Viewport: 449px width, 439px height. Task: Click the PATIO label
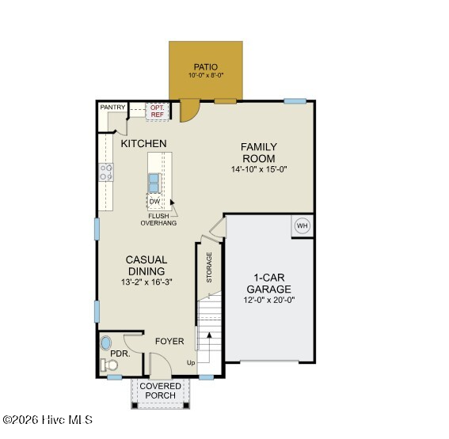(206, 67)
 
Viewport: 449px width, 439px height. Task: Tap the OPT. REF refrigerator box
(158, 112)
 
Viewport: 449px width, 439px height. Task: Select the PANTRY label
(112, 108)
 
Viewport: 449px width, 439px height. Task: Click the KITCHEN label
(143, 143)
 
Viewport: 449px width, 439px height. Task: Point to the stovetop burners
(106, 172)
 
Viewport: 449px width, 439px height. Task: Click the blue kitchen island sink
(154, 183)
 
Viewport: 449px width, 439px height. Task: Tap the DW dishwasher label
(154, 202)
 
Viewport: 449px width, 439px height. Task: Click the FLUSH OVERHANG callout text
(158, 219)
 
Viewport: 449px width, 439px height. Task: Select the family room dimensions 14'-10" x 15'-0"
(259, 169)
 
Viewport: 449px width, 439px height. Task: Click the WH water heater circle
(303, 226)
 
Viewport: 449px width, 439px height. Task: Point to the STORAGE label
(209, 267)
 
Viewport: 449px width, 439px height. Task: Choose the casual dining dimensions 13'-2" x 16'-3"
(146, 282)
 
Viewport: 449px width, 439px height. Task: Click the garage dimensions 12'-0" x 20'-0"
(269, 300)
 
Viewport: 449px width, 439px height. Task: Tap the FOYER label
(169, 341)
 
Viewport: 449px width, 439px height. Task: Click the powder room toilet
(109, 365)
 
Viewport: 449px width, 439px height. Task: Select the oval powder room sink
(105, 343)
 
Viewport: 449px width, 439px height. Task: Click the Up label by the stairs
(191, 363)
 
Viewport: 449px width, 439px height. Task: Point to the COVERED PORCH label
(160, 391)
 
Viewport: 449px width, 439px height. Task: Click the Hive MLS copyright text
(48, 420)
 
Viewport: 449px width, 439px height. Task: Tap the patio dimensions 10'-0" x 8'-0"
(206, 75)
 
